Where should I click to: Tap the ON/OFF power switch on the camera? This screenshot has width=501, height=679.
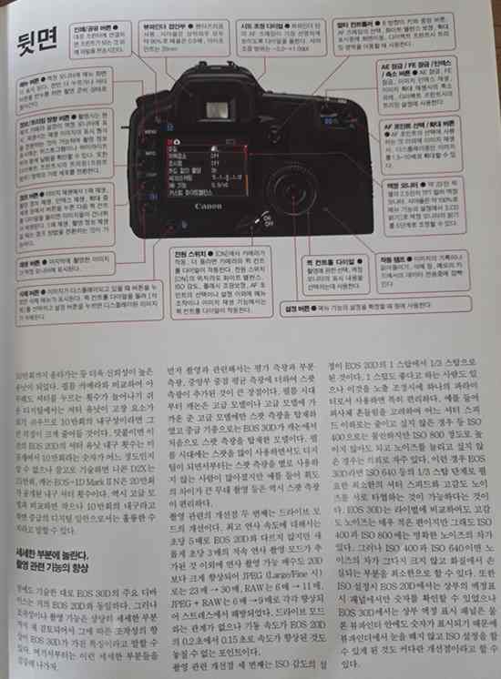(x=267, y=220)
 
